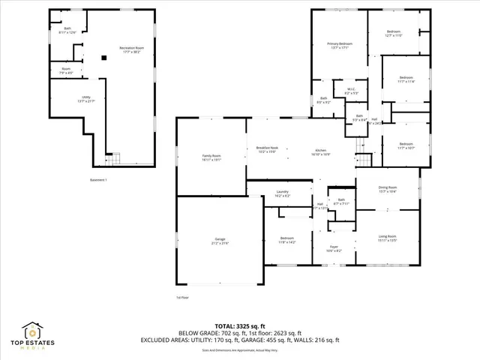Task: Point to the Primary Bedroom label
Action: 340,45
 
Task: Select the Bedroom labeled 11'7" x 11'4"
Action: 406,79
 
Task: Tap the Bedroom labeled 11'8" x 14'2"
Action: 288,240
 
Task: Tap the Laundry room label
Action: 282,193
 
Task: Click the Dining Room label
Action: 387,189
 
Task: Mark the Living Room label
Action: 387,238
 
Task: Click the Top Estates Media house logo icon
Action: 33,331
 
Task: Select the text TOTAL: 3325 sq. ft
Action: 240,326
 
